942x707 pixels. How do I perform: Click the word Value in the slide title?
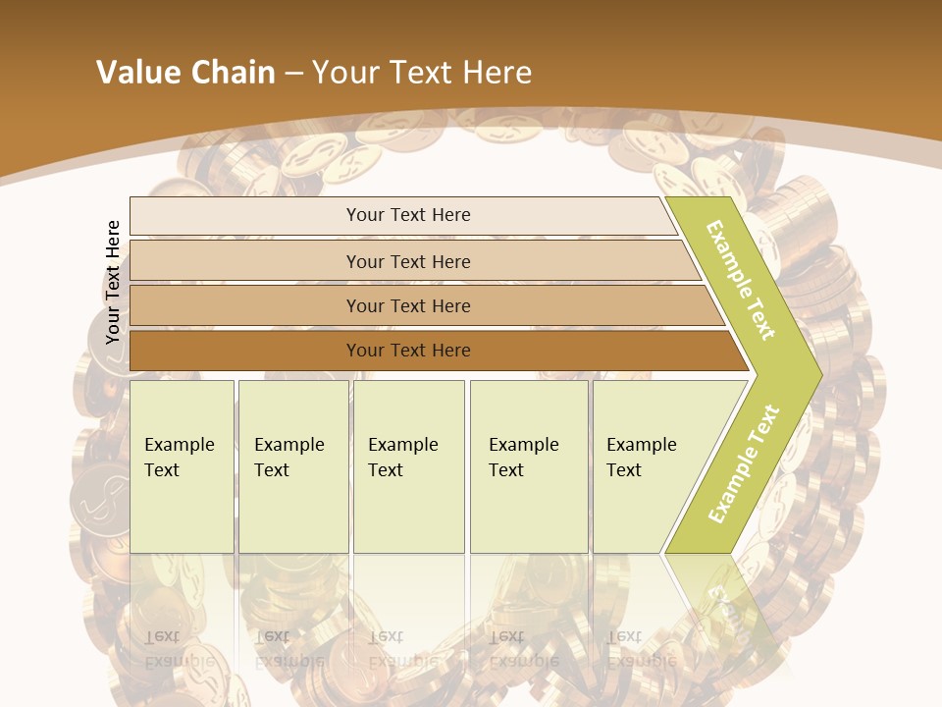click(137, 73)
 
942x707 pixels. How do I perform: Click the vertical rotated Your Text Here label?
click(113, 282)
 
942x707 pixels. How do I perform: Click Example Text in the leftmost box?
click(180, 458)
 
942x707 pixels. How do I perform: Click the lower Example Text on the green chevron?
click(743, 463)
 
